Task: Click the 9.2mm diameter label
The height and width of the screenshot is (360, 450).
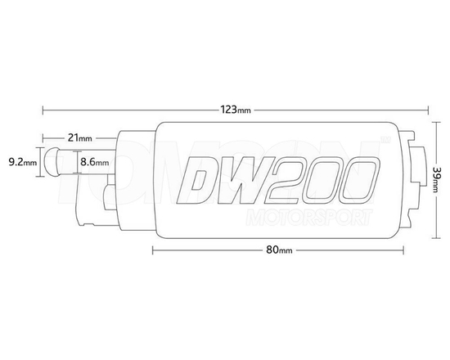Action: [22, 162]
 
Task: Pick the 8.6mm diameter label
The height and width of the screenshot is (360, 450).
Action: [93, 163]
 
